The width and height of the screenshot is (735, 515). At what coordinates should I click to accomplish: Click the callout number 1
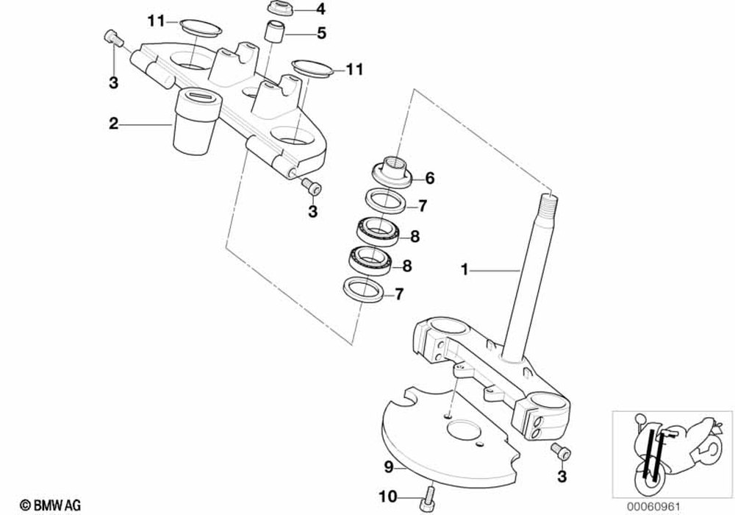[464, 270]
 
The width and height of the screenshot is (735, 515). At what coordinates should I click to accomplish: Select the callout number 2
[113, 124]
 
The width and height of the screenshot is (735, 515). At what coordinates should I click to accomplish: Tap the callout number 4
[319, 10]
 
